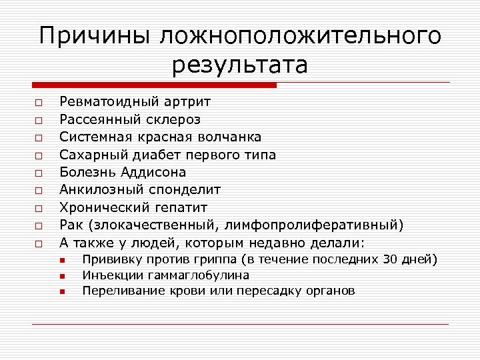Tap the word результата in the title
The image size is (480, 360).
pos(240,66)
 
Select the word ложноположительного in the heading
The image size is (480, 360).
pos(300,37)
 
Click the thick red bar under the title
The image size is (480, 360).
pos(154,85)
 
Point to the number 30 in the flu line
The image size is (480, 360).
pos(391,259)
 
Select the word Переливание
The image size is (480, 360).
pos(119,291)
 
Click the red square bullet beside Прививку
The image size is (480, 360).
pos(61,260)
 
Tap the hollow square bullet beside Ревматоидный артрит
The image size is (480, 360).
pos(40,102)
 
